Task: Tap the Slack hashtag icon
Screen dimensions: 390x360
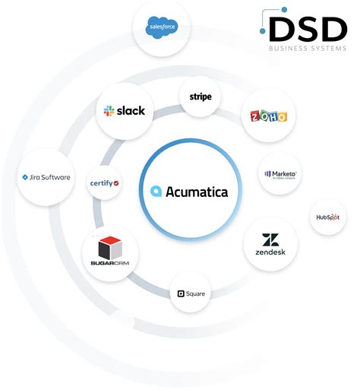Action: pos(109,111)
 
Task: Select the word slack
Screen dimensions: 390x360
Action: pos(131,111)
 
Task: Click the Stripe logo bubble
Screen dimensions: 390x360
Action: pos(201,97)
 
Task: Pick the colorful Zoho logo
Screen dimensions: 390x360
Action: pos(269,117)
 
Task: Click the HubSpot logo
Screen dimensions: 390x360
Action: pos(328,217)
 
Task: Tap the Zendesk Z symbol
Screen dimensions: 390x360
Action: pos(270,239)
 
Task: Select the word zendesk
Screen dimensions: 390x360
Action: pos(270,252)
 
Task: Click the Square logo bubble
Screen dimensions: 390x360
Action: pos(191,293)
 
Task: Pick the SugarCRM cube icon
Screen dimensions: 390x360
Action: pos(111,247)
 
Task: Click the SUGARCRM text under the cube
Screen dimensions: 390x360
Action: pos(111,263)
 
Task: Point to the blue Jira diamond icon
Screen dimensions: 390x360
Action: pos(25,177)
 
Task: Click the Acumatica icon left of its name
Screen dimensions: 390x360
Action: pos(156,192)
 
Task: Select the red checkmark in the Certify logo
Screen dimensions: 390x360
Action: pos(115,183)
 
